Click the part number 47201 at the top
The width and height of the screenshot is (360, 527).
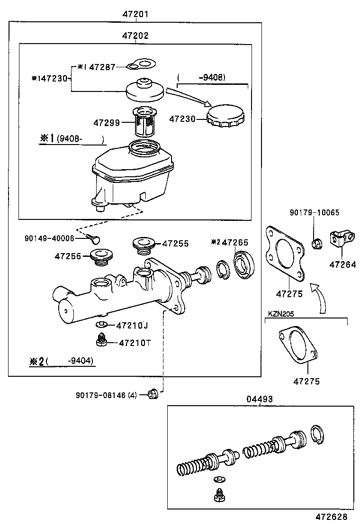pyautogui.click(x=135, y=14)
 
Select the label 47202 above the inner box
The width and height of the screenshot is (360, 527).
pyautogui.click(x=135, y=36)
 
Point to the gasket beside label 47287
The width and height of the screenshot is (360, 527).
pyautogui.click(x=142, y=64)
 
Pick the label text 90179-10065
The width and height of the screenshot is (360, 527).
pyautogui.click(x=315, y=213)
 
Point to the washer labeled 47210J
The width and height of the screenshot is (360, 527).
pyautogui.click(x=100, y=325)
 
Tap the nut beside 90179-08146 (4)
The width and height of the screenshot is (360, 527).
pyautogui.click(x=153, y=394)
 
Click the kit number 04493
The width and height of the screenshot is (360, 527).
pyautogui.click(x=259, y=400)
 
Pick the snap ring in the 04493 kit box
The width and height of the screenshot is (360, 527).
pyautogui.click(x=318, y=436)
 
